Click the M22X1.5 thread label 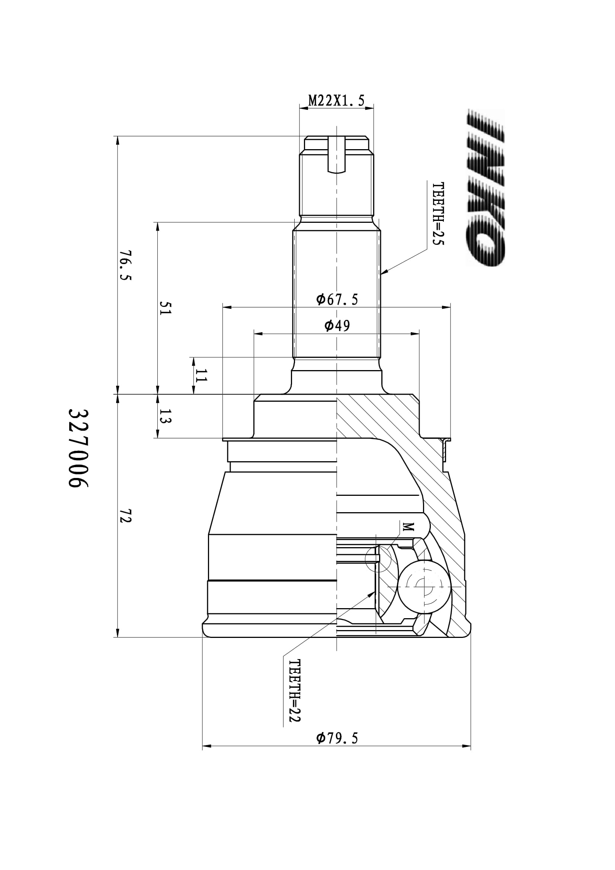pyautogui.click(x=336, y=100)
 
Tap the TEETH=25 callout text pyautogui.click(x=438, y=214)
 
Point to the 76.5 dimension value pyautogui.click(x=125, y=265)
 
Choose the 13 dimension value pyautogui.click(x=166, y=416)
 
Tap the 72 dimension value pyautogui.click(x=125, y=516)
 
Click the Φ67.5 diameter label pyautogui.click(x=337, y=300)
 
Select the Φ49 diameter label pyautogui.click(x=337, y=325)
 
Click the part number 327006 pyautogui.click(x=78, y=448)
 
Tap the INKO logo pyautogui.click(x=486, y=187)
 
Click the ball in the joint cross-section pyautogui.click(x=424, y=586)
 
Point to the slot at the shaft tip pyautogui.click(x=336, y=155)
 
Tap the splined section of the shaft pyautogui.click(x=336, y=294)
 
